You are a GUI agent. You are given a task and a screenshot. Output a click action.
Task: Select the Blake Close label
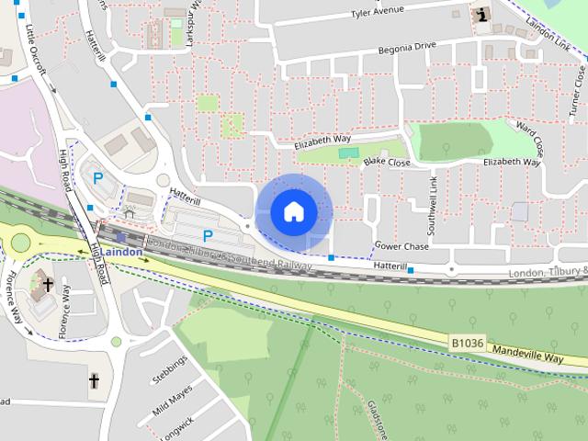(x=386, y=162)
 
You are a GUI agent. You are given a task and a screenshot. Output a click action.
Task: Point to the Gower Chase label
(x=401, y=246)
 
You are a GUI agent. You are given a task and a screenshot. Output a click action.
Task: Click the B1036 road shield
(x=467, y=342)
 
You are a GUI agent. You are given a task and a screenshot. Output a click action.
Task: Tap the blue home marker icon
(x=293, y=211)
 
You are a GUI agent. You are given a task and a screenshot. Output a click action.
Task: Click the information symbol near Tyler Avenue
(x=481, y=15)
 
